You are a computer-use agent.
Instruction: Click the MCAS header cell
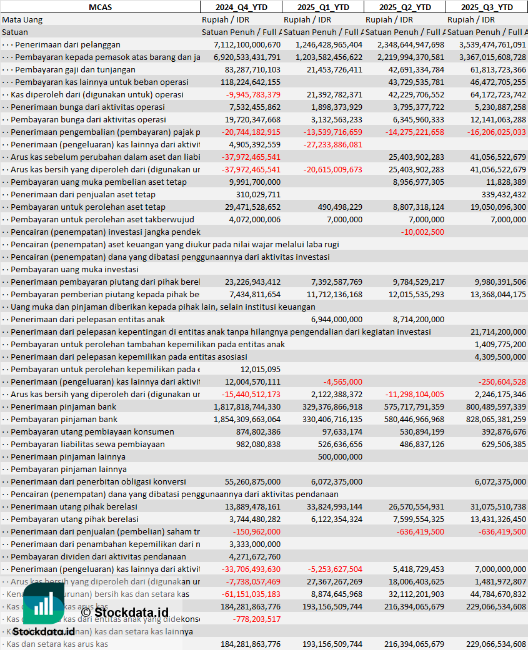click(x=100, y=7)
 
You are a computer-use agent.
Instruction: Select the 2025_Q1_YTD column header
click(x=322, y=7)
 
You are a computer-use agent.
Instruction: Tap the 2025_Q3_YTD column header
click(x=487, y=7)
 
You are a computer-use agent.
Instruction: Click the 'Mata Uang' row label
click(x=22, y=19)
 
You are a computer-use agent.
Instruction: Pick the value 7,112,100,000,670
click(x=247, y=44)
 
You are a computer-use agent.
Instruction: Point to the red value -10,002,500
click(x=422, y=232)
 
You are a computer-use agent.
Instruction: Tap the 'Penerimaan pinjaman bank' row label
click(x=63, y=406)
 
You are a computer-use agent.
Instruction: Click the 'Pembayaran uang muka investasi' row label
click(x=74, y=269)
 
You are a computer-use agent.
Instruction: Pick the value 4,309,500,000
click(x=500, y=357)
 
